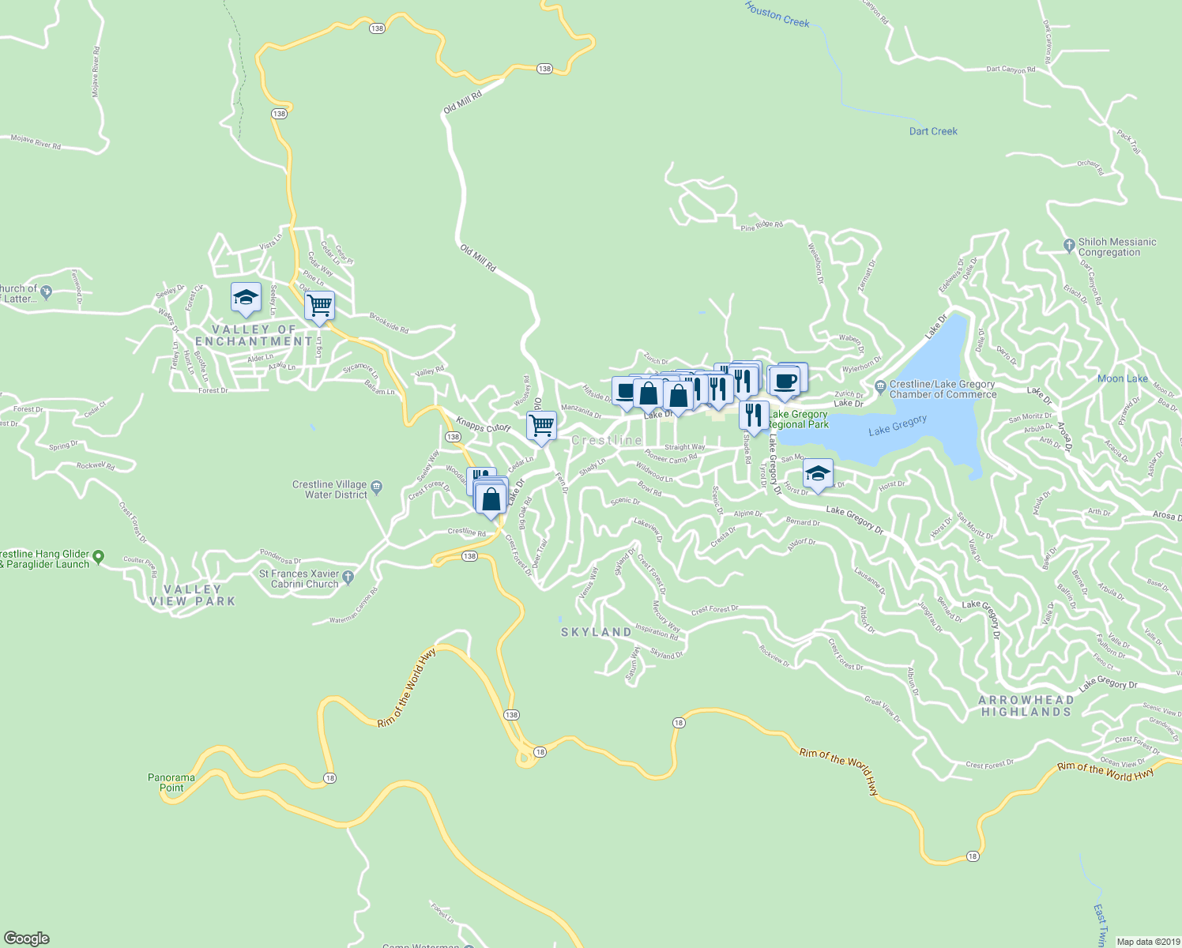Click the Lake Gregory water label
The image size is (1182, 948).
tap(897, 426)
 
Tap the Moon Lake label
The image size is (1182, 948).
tap(1122, 378)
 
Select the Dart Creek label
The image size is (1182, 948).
tap(933, 131)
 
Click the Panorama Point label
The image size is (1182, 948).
tap(171, 782)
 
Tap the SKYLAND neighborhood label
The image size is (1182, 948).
tap(597, 632)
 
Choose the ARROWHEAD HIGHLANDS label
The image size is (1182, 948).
tap(1026, 705)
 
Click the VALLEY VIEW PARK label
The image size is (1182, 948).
tap(193, 595)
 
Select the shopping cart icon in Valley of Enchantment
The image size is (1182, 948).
tap(319, 305)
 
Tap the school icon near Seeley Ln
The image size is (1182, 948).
tap(246, 298)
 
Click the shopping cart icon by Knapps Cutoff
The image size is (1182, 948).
tap(541, 425)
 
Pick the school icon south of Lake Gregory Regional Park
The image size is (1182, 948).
tap(818, 472)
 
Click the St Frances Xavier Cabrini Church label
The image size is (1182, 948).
tap(299, 579)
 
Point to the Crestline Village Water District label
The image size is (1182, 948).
tap(329, 490)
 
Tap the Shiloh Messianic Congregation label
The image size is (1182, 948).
tap(1116, 247)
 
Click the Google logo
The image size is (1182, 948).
tap(27, 939)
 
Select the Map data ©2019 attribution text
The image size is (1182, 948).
tap(1147, 942)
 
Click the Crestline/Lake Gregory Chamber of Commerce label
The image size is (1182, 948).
tap(942, 389)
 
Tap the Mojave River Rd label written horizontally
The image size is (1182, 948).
tap(36, 142)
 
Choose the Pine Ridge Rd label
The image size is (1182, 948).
tap(762, 226)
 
